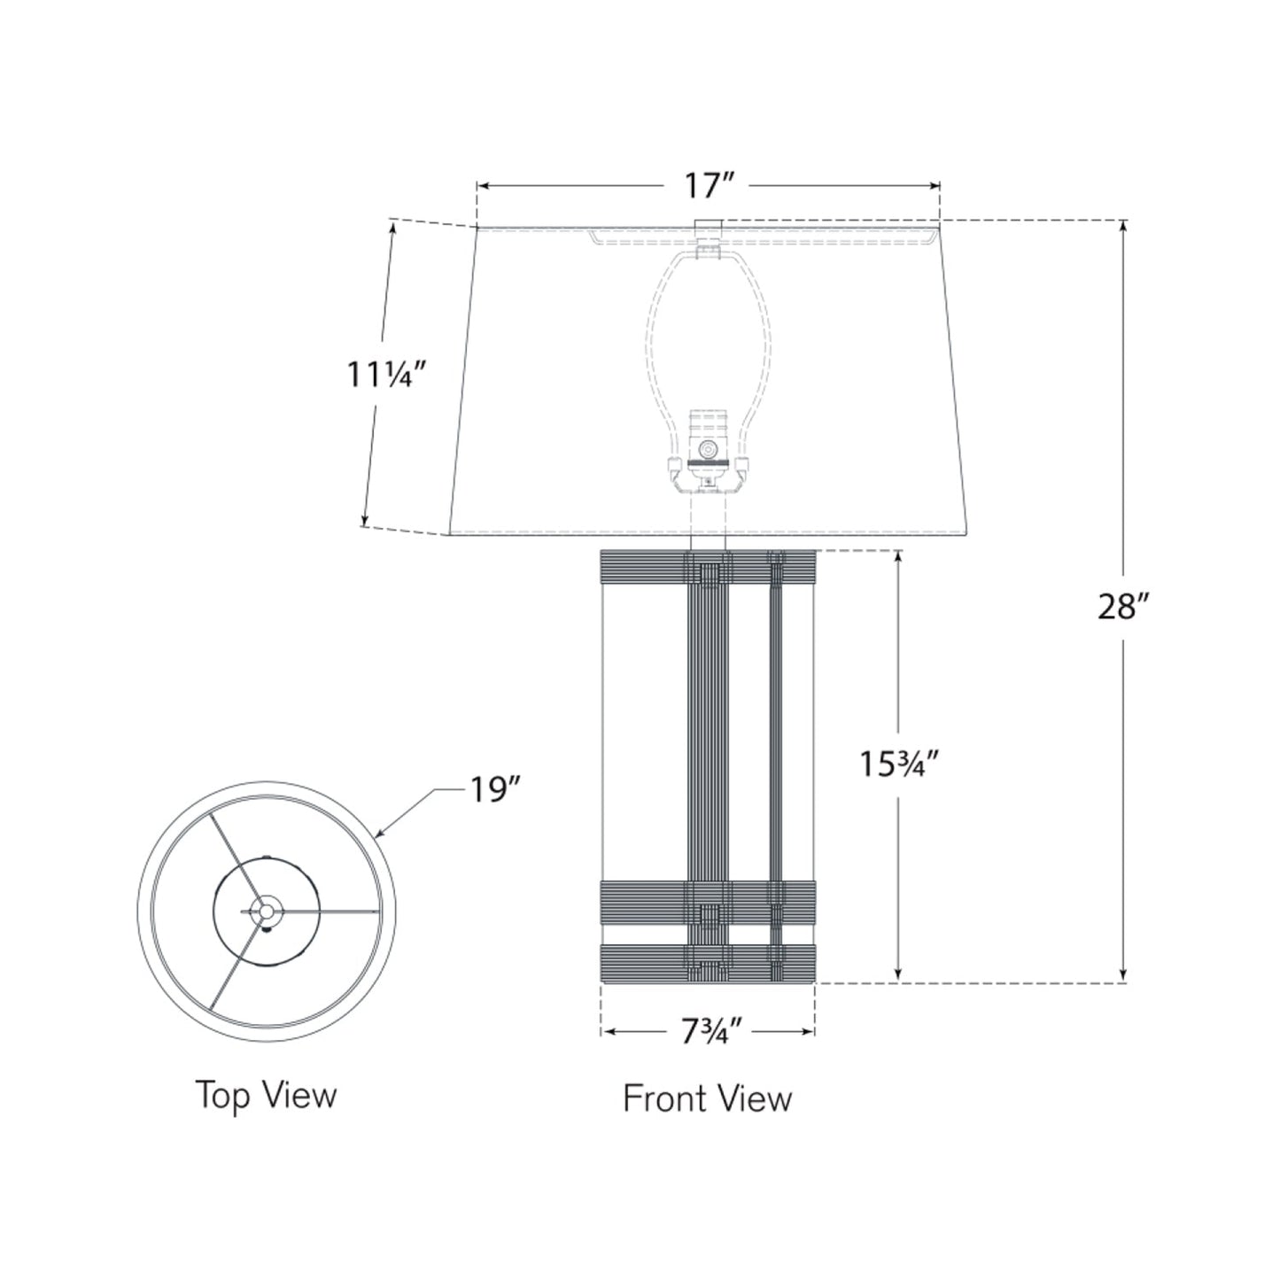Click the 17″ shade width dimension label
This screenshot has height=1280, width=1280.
coord(709,186)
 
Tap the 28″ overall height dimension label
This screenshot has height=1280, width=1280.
coord(1123,608)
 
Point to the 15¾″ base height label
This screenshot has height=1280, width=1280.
coord(897,764)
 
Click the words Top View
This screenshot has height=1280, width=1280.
coord(266,1095)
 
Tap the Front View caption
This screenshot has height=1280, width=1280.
coord(707,1098)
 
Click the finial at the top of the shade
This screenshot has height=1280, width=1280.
coord(708,232)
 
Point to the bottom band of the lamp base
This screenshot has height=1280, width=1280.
coord(707,965)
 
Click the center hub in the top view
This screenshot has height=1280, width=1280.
coord(264,910)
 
